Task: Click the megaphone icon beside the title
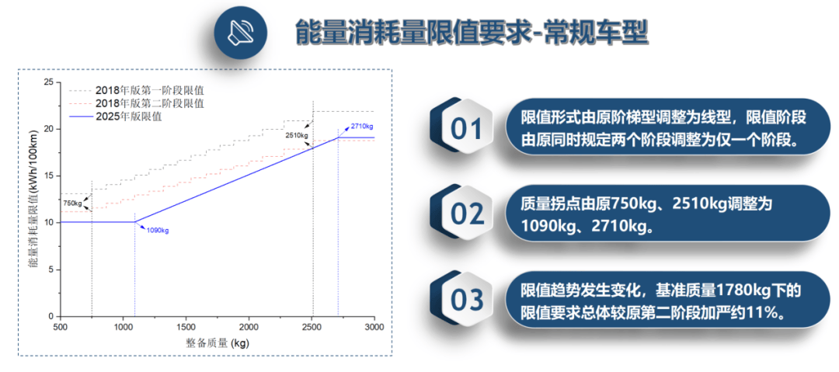pos(241,33)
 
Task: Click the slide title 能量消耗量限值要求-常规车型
pos(472,33)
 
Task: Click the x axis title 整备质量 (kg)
pos(218,342)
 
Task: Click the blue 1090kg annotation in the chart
pos(158,231)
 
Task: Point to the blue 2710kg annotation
pos(362,126)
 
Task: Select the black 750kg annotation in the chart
pos(71,203)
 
